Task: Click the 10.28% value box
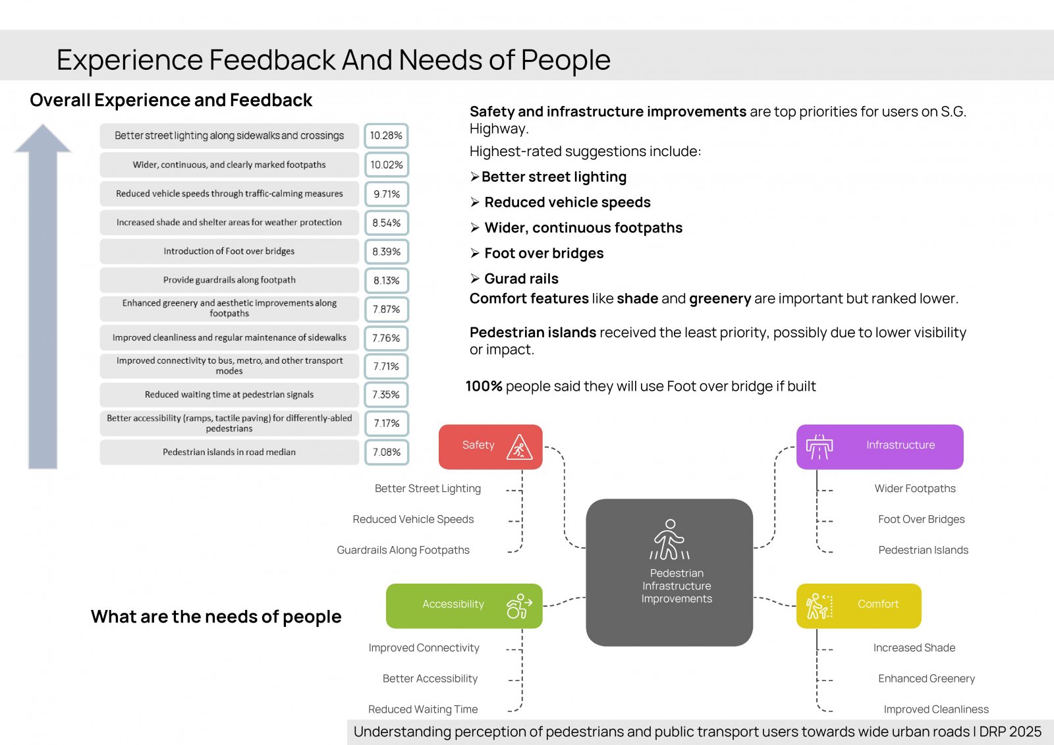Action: (x=386, y=136)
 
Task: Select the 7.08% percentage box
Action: (x=386, y=453)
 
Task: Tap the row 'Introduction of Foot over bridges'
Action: (x=229, y=252)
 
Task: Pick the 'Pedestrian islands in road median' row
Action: (x=229, y=453)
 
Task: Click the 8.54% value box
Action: (x=386, y=223)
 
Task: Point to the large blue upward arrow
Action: (x=43, y=296)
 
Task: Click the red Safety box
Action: (x=490, y=447)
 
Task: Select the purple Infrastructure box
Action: (x=879, y=447)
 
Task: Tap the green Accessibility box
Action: (x=464, y=606)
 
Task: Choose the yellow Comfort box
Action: (x=859, y=606)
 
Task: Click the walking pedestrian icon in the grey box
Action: (x=669, y=539)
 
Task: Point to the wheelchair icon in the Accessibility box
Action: (x=518, y=606)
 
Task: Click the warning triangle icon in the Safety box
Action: (x=519, y=447)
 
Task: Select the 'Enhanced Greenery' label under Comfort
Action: (x=926, y=678)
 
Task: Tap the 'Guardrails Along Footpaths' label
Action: (x=402, y=549)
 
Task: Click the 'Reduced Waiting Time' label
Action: (x=422, y=709)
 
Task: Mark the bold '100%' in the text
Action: (x=484, y=386)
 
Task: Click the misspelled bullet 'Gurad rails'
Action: (x=521, y=279)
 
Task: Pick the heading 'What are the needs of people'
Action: (x=216, y=617)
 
